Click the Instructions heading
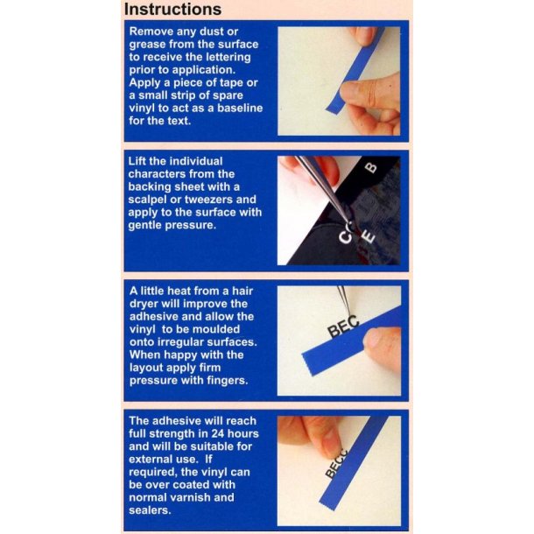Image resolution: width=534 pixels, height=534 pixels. (x=172, y=10)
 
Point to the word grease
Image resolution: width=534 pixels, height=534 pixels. (x=150, y=46)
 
